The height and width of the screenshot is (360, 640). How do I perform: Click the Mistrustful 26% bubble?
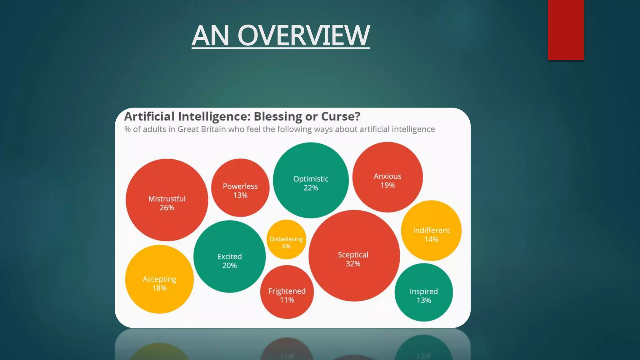[167, 200]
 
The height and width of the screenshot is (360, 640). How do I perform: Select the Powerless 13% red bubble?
[240, 188]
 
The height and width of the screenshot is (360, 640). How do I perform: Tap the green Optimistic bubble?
[311, 180]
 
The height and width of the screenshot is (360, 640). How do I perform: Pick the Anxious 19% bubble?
[387, 177]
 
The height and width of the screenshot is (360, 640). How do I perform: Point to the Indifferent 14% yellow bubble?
[431, 231]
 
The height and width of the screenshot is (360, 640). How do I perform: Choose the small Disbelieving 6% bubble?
[286, 239]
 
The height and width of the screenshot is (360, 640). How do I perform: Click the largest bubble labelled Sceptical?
[354, 256]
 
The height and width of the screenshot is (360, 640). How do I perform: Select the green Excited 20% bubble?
[229, 257]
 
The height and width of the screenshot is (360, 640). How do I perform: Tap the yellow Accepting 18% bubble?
[159, 279]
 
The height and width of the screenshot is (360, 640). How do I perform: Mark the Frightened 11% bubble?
[287, 292]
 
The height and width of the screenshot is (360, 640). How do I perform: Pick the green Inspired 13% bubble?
[424, 292]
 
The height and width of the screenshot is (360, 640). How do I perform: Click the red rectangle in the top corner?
[566, 30]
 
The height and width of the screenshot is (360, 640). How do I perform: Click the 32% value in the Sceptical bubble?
[353, 264]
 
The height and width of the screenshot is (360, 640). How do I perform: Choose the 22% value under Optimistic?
[311, 188]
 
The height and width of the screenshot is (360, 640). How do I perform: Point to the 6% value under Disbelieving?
[286, 246]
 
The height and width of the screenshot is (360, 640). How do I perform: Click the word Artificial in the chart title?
[149, 117]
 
